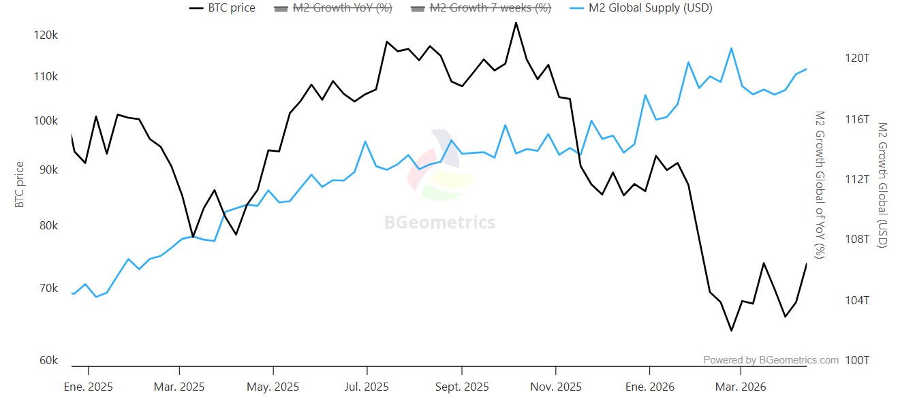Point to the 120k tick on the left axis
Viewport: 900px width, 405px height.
(46, 35)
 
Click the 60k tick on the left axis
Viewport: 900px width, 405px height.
(48, 360)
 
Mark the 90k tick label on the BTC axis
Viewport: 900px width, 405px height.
(47, 169)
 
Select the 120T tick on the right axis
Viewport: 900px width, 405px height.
(857, 59)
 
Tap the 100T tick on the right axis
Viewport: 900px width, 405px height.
(857, 360)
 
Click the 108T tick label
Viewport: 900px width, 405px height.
(857, 239)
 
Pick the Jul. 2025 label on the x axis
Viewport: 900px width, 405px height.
(367, 387)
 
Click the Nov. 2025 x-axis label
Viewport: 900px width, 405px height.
(556, 387)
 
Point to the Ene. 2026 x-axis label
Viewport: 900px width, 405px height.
(649, 387)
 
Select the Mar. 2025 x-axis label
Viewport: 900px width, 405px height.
(179, 387)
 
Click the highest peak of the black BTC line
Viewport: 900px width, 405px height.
(516, 22)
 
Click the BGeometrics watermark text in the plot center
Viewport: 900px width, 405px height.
(439, 223)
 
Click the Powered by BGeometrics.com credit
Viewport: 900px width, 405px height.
(771, 360)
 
